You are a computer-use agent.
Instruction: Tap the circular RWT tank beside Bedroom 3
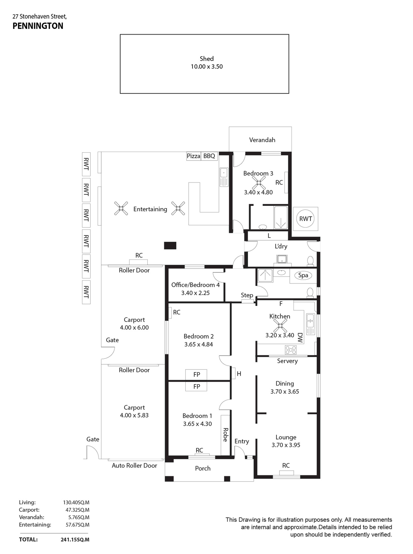306,219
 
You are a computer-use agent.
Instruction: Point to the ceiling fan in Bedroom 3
259,183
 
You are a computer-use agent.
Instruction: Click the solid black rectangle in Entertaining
170,246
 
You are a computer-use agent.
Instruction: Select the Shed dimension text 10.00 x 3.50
207,67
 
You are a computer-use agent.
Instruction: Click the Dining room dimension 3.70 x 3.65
285,392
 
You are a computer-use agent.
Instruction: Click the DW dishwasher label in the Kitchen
300,338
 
